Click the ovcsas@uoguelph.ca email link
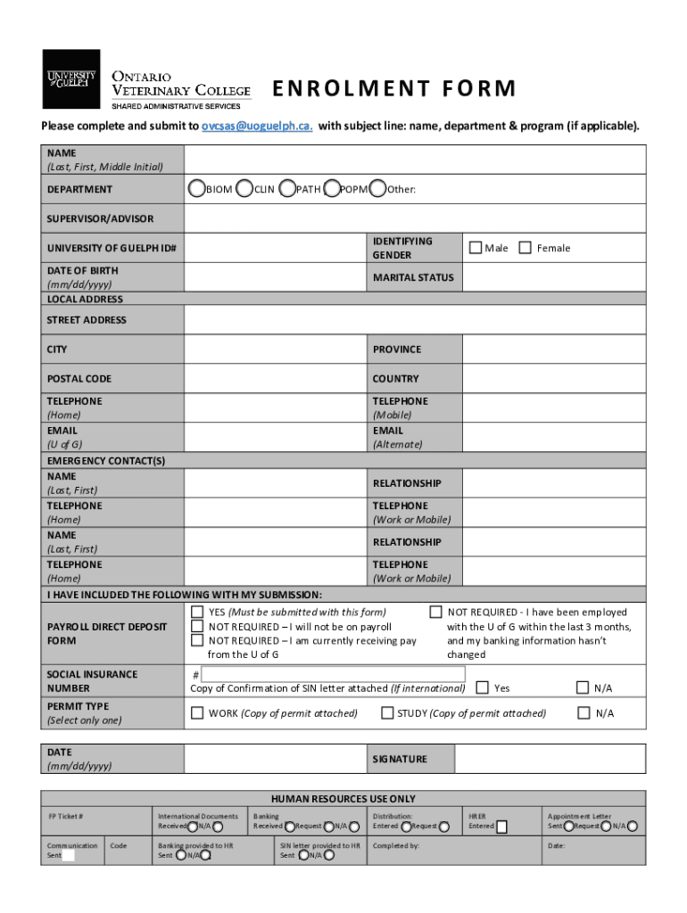257,126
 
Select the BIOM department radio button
195,188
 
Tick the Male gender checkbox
476,247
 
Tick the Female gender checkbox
526,247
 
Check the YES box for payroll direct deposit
197,612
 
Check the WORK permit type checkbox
197,712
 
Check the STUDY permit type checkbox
387,712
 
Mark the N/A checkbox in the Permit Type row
584,712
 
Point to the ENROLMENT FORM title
393,88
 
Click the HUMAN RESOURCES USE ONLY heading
343,799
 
